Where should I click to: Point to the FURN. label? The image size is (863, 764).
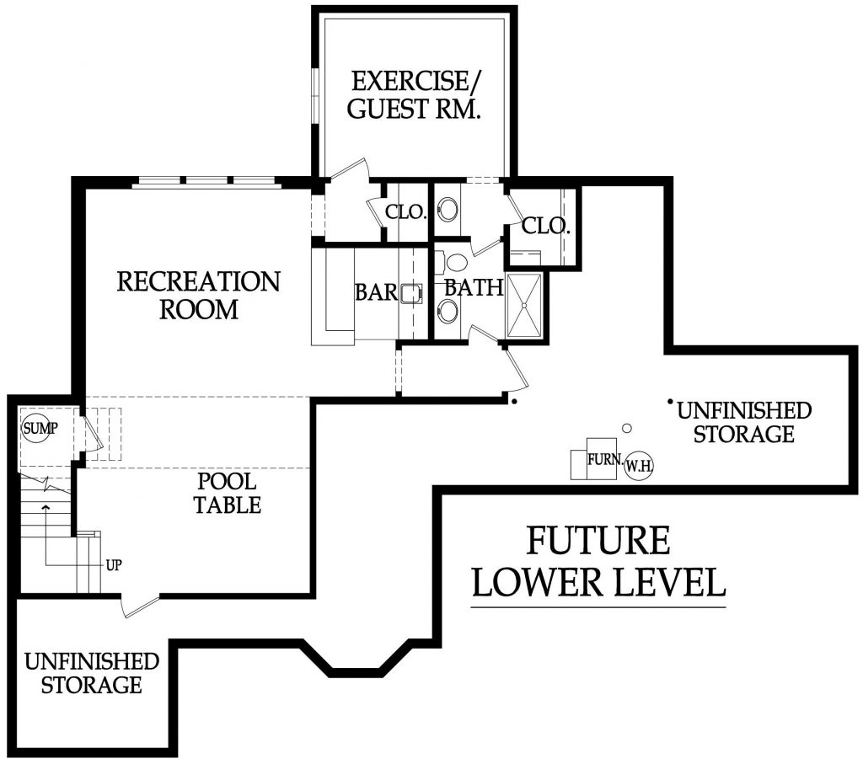(x=606, y=461)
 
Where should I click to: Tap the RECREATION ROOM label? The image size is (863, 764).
(x=198, y=294)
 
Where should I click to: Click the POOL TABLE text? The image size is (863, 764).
(x=228, y=494)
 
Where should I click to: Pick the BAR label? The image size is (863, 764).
(x=375, y=292)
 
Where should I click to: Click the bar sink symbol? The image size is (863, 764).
(x=410, y=293)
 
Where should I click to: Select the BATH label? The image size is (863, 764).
(x=474, y=287)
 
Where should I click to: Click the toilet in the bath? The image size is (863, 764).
(x=456, y=259)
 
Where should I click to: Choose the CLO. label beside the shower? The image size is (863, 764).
(x=546, y=226)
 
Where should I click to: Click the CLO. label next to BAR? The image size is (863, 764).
(x=406, y=212)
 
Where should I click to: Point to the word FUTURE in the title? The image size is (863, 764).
(x=598, y=540)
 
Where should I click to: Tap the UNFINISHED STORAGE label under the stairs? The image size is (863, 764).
(x=91, y=672)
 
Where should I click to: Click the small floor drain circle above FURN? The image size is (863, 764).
(x=626, y=428)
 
